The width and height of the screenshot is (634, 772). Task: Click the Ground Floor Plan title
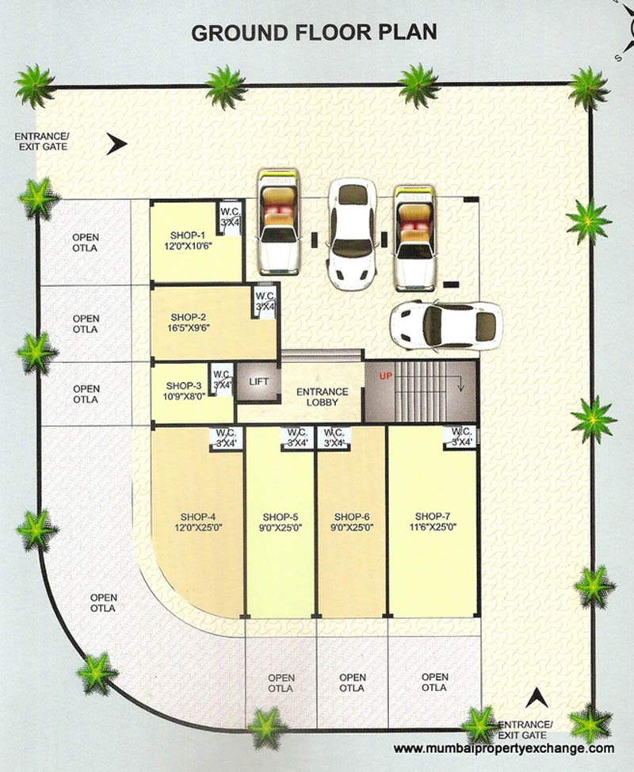click(x=315, y=33)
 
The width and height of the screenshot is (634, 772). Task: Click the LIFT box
click(x=259, y=382)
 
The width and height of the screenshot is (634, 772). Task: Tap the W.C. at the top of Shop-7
click(x=460, y=437)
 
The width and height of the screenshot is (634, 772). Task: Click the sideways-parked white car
click(x=445, y=325)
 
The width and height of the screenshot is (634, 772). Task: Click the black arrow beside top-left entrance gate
click(x=117, y=144)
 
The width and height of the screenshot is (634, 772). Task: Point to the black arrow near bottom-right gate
click(x=537, y=697)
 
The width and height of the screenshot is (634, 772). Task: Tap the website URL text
click(x=503, y=748)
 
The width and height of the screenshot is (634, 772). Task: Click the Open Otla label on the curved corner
click(x=103, y=603)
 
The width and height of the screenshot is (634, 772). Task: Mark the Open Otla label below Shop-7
click(x=434, y=682)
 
